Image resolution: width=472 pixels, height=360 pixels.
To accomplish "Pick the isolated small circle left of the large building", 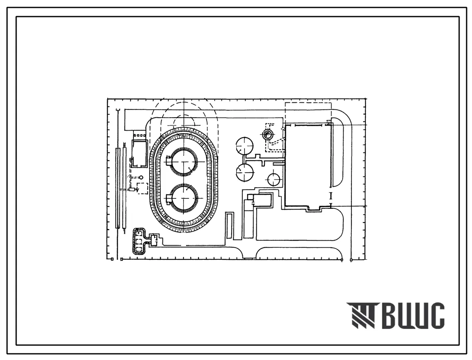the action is (x=274, y=179).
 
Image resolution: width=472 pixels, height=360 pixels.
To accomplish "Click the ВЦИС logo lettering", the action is (x=414, y=316).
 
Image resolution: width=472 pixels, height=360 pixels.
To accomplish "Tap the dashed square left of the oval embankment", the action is (x=142, y=188).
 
